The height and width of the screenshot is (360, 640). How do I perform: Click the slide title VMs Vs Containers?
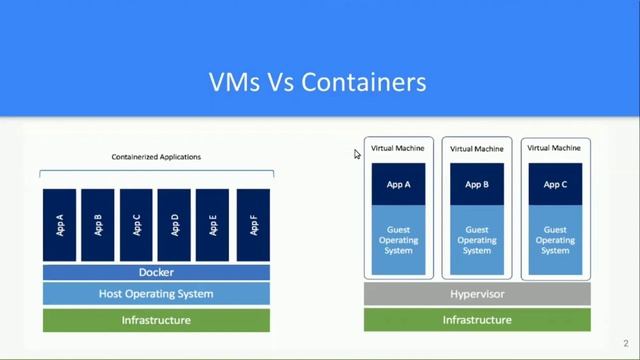[317, 81]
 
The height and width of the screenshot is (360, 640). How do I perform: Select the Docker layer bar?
[156, 272]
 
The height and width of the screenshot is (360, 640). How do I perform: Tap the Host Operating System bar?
[156, 294]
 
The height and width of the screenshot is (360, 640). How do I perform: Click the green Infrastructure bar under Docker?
[156, 320]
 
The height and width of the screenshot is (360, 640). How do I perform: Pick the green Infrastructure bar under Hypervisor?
[477, 320]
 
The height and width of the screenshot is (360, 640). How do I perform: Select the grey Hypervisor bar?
[477, 294]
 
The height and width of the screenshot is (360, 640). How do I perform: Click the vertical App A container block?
[59, 225]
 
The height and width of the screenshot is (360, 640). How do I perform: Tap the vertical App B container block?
[98, 225]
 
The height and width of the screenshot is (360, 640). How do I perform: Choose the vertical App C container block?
[137, 225]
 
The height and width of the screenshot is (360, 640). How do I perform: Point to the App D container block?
[175, 225]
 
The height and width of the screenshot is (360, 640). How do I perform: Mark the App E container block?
[213, 225]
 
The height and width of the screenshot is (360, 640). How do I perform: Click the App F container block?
[252, 225]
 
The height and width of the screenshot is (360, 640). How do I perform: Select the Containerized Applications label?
[156, 157]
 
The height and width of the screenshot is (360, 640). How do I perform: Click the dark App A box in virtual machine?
[398, 184]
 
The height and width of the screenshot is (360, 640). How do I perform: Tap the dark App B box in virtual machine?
[477, 184]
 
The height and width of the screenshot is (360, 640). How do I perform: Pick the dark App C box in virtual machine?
[555, 184]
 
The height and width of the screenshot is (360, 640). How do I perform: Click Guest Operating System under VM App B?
[477, 240]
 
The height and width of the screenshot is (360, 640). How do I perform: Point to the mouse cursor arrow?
[357, 154]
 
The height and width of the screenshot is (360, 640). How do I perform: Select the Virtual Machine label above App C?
[555, 149]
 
